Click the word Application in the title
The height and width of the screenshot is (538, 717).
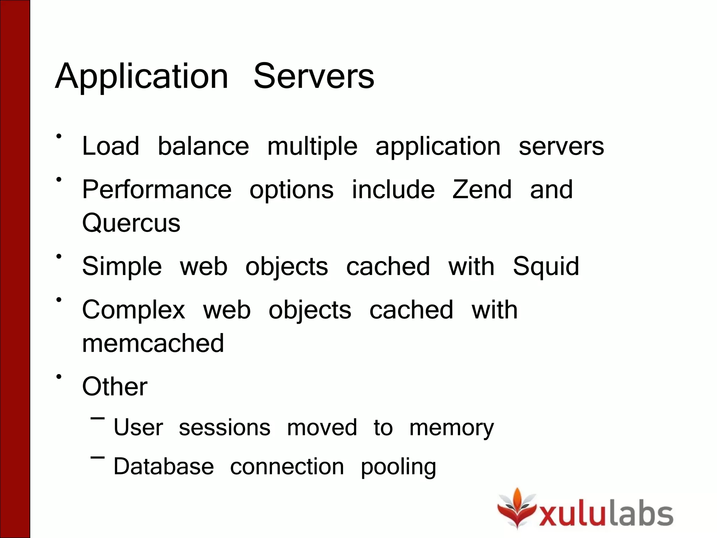click(142, 76)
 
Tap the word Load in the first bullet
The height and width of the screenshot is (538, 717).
click(110, 146)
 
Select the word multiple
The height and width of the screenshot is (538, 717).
click(312, 146)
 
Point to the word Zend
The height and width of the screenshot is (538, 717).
click(482, 189)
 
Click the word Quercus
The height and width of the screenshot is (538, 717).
click(131, 223)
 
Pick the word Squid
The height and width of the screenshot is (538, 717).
click(546, 267)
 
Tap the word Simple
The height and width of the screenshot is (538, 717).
click(122, 267)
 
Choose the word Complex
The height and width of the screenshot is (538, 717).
click(133, 310)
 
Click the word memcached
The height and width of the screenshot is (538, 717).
click(153, 343)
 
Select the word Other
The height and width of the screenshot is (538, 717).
click(114, 386)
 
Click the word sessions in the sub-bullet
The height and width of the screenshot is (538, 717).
click(224, 428)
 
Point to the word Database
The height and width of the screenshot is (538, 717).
click(163, 467)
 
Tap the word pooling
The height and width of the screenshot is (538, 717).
click(398, 467)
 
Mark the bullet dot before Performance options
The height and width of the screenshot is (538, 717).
click(59, 180)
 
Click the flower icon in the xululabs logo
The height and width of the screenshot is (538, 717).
click(517, 508)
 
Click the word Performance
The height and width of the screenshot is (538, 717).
click(156, 189)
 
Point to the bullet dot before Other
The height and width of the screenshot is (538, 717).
click(59, 377)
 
